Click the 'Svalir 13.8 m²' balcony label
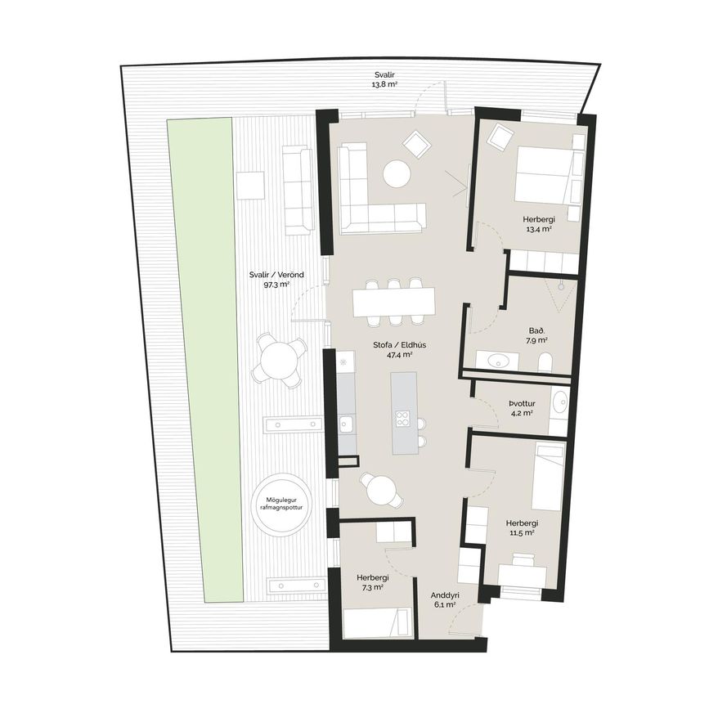point(384,79)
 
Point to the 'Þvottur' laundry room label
point(522,403)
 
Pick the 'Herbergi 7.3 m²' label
point(373,582)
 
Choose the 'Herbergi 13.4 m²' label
point(539,224)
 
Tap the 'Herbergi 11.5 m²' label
point(522,527)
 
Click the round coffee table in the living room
point(397,174)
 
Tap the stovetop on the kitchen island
point(402,418)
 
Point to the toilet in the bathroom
point(545,362)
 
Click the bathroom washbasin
point(498,361)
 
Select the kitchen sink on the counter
point(346,425)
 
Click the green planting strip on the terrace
point(204,360)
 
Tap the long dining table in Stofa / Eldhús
point(394,302)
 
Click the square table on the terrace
point(250,186)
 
